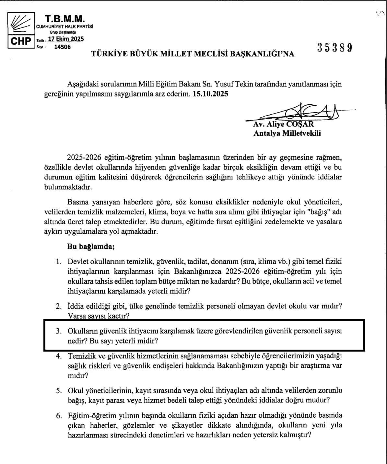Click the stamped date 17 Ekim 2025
coord(65,39)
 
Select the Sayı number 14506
coord(63,47)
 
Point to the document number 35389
coord(334,48)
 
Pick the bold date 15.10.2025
coord(210,94)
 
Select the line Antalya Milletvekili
coord(287,133)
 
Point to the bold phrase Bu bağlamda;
coord(91,246)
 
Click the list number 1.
coord(58,261)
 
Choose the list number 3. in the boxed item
coord(59,331)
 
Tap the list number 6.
coord(59,416)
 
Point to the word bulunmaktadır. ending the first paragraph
coord(68,187)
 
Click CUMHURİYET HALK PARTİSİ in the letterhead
coord(64,27)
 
